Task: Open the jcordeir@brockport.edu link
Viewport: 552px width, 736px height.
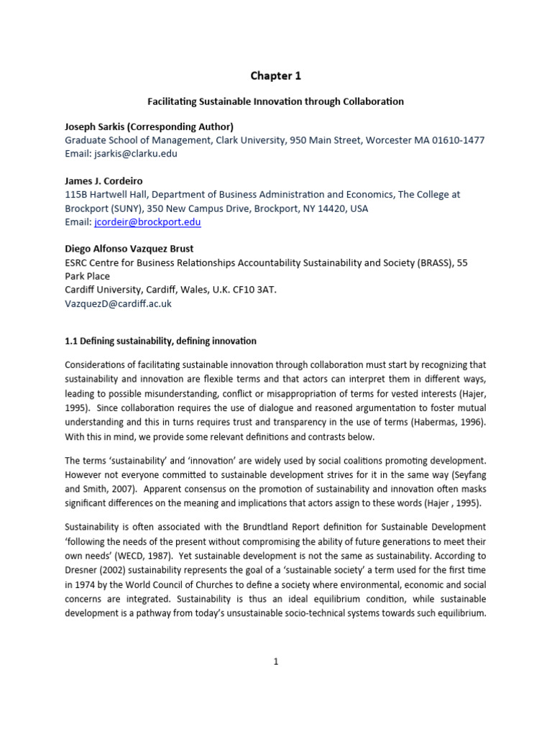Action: click(147, 222)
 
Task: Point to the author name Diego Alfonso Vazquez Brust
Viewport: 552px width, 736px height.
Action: click(129, 249)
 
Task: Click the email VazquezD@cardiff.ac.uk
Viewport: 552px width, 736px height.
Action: click(119, 304)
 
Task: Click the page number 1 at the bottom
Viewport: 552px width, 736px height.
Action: click(275, 662)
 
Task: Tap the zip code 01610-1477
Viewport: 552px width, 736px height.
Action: click(451, 140)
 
